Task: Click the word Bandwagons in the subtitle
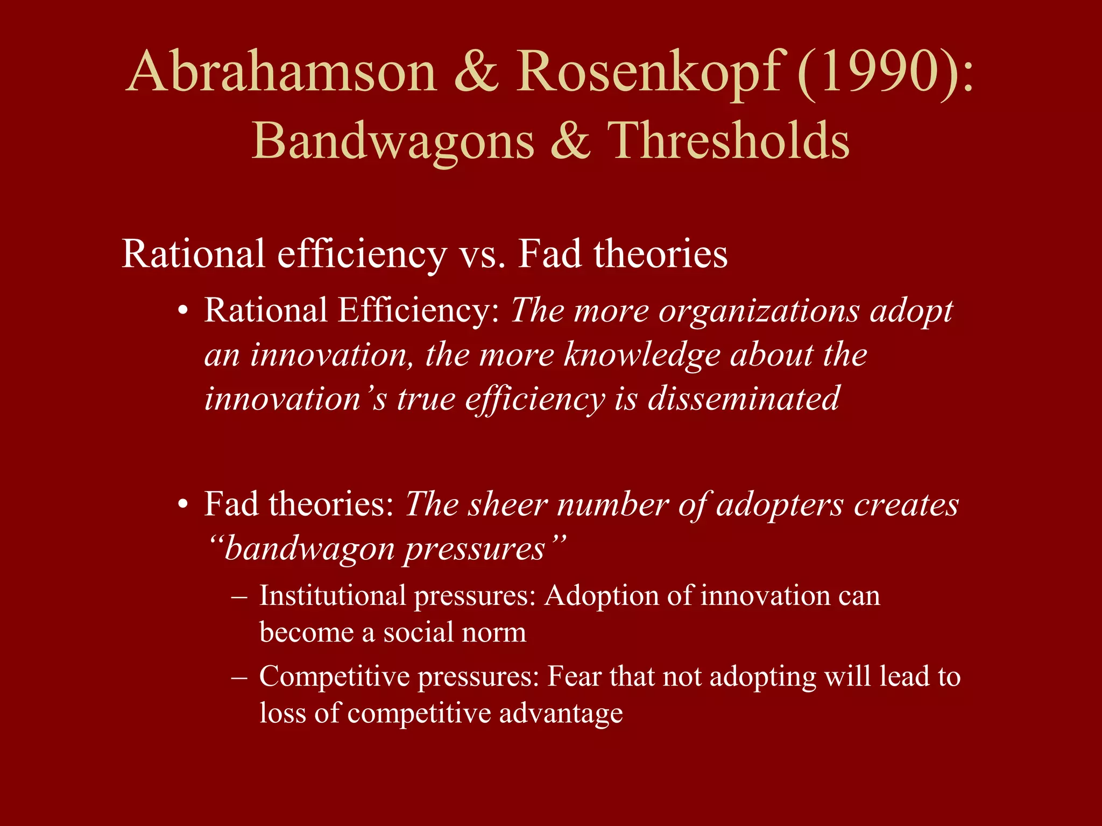pos(393,141)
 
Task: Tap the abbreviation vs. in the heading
pos(482,254)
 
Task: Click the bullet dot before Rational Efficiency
pos(184,312)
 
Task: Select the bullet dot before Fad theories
pos(184,505)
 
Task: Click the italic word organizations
pos(759,312)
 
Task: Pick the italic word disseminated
pos(743,399)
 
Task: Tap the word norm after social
pos(497,632)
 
